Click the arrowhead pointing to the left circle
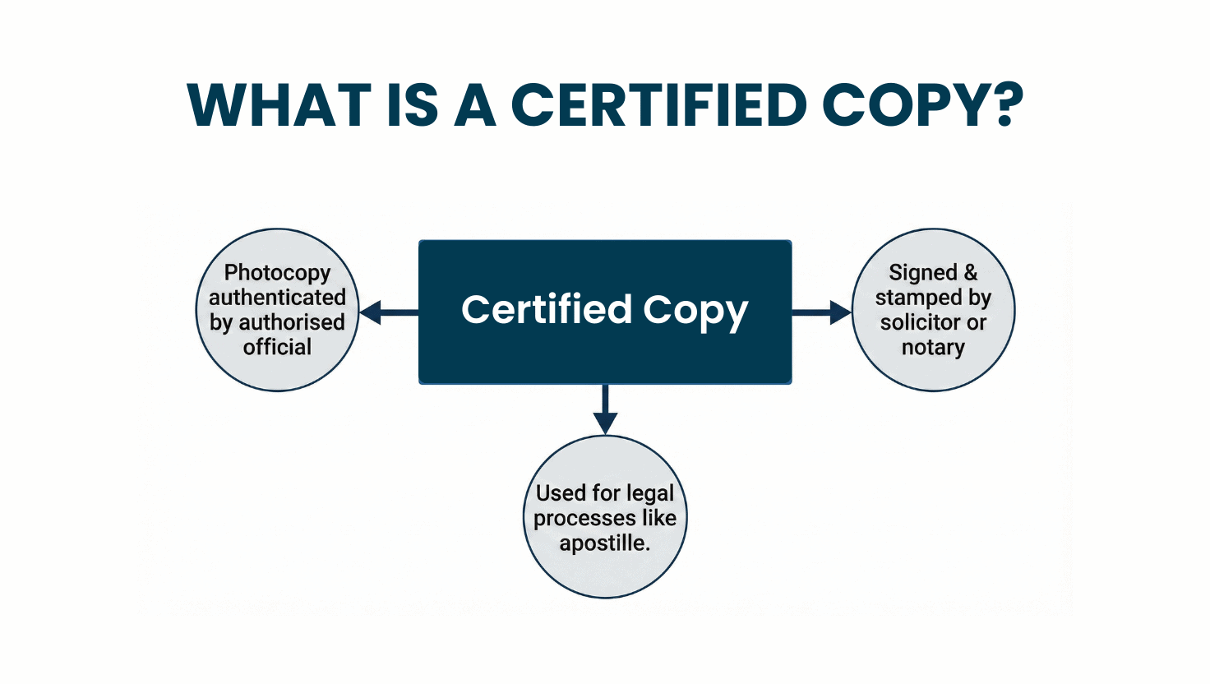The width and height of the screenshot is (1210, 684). click(x=370, y=312)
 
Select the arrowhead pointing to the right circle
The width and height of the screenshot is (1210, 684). click(x=841, y=312)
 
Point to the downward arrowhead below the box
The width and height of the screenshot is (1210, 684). click(x=605, y=423)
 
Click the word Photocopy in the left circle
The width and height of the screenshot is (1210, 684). click(x=277, y=274)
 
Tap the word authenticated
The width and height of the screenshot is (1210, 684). click(x=277, y=297)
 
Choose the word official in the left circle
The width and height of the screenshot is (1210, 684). click(x=277, y=347)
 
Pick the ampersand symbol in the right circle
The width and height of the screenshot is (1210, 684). click(x=971, y=272)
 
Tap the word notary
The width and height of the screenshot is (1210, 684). click(x=934, y=348)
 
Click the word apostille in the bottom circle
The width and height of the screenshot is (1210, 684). click(x=601, y=543)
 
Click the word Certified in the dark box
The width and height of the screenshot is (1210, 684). click(x=546, y=309)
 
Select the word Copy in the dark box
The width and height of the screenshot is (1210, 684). click(x=695, y=312)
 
